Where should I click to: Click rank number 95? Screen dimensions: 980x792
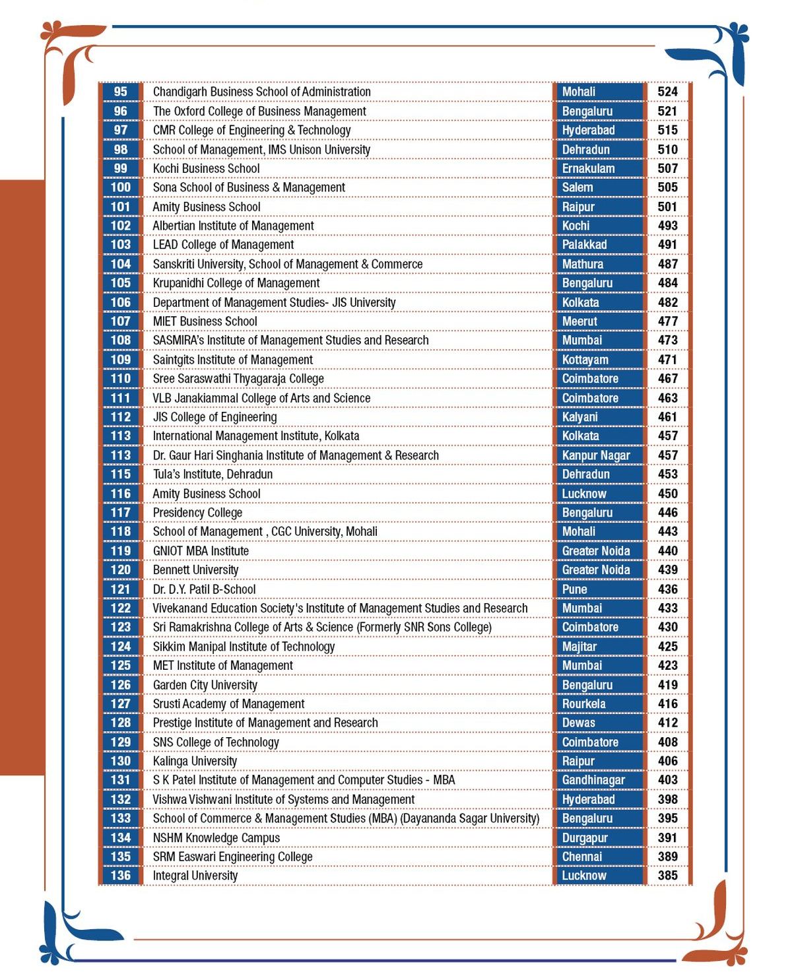coord(121,92)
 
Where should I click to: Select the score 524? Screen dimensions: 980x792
coord(667,92)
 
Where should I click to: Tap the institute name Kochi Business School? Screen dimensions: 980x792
coord(206,168)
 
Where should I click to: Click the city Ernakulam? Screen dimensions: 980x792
coord(588,168)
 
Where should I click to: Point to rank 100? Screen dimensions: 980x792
coord(121,187)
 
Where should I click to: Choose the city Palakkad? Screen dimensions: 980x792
coord(584,245)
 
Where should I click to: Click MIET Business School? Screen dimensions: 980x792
coord(205,321)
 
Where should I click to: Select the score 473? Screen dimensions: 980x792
coord(667,341)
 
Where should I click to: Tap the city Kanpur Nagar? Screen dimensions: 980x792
coord(595,455)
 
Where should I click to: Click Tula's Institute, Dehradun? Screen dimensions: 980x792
coord(213,474)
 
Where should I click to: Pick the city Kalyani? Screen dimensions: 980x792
coord(579,417)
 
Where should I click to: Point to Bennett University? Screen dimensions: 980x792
coord(195,570)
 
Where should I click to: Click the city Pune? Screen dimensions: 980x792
coord(574,589)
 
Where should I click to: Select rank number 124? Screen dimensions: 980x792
coord(121,647)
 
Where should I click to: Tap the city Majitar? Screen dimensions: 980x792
coord(579,647)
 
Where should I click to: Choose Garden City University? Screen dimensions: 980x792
coord(205,685)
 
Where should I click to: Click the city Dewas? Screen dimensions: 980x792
coord(578,723)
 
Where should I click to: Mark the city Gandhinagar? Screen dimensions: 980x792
coord(593,780)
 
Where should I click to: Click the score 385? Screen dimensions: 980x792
coord(667,876)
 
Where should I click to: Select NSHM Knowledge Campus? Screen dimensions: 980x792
coord(216,838)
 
